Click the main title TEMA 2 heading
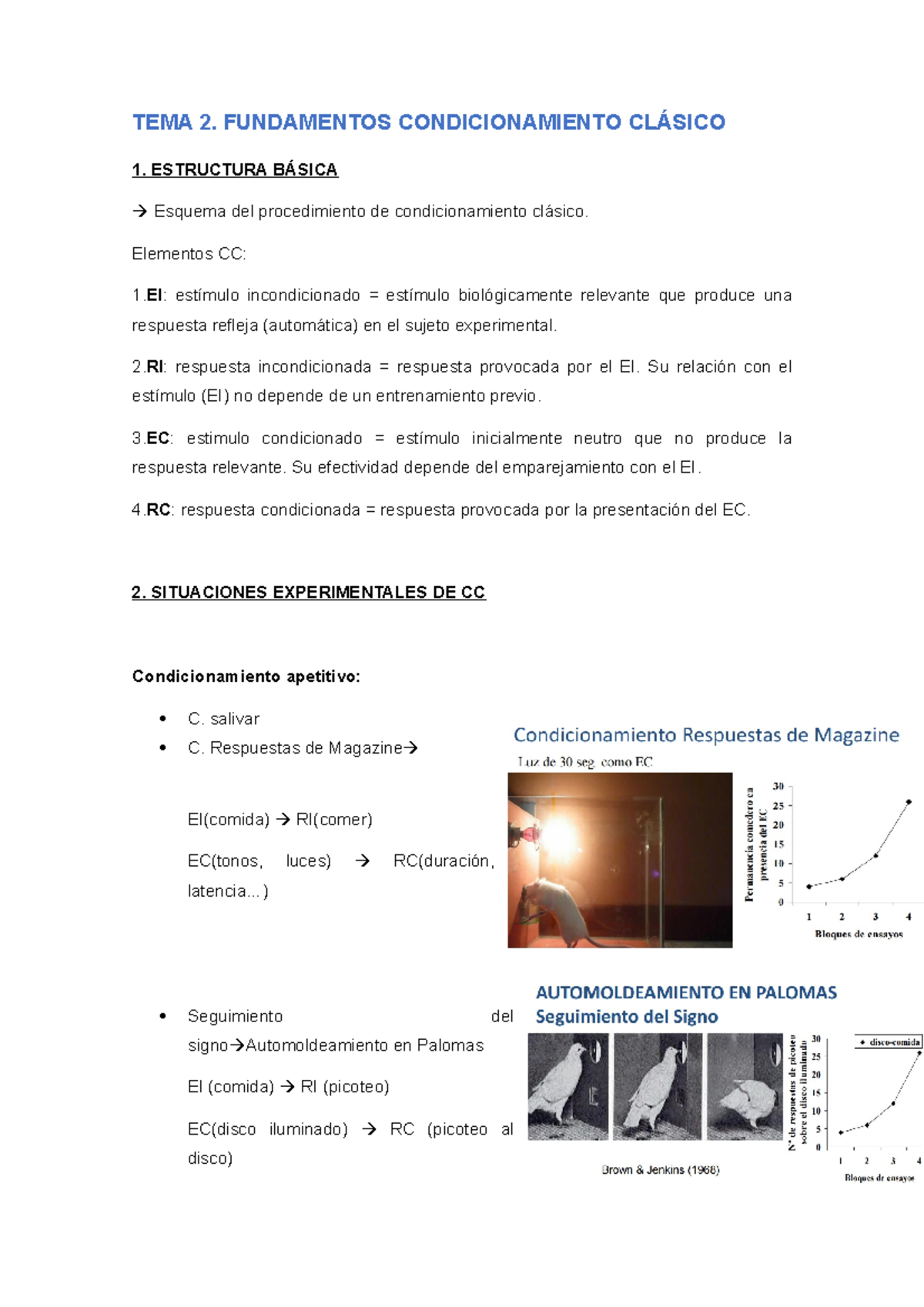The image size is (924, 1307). point(428,122)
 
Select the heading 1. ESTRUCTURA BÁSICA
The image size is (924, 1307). point(235,170)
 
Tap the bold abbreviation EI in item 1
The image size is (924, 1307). point(154,296)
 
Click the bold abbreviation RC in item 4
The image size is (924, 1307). point(158,510)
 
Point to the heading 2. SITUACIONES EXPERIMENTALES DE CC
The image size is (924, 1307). point(308,593)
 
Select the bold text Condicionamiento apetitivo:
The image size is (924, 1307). point(246,677)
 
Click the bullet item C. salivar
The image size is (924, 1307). point(223,719)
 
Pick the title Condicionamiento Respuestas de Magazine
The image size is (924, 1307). point(706,735)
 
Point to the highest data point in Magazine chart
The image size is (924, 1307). point(909,802)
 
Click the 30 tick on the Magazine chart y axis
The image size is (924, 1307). point(778,787)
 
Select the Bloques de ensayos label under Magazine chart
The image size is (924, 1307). point(859,934)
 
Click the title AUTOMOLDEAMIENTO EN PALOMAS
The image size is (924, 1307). point(686,992)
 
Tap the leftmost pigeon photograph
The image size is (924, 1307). point(568,1086)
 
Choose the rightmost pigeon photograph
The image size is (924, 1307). point(745,1086)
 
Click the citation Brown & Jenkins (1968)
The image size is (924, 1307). point(660,1170)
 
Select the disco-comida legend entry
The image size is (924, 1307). point(890,1042)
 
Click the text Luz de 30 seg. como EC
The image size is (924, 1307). point(584,762)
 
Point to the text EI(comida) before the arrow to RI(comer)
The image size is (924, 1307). point(228,820)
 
